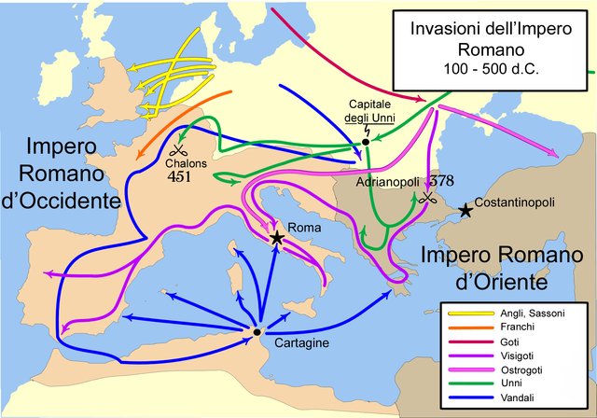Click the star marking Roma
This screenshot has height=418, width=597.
click(277, 238)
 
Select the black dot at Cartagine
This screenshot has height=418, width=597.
click(256, 331)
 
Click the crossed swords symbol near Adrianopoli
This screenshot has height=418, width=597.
click(426, 198)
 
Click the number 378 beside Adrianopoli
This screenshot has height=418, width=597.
click(438, 183)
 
